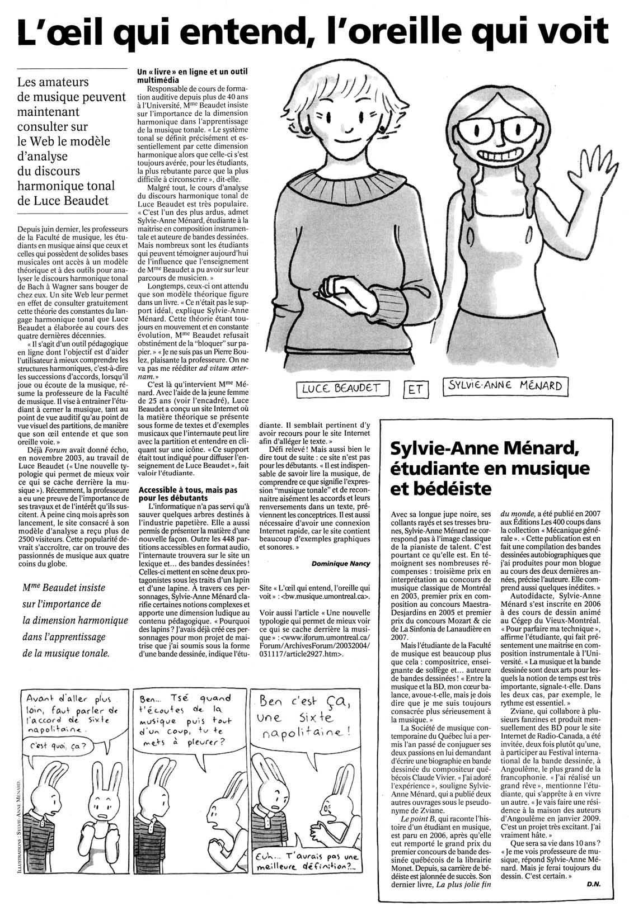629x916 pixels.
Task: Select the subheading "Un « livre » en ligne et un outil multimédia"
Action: tap(184, 76)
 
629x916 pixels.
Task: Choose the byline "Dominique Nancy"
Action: tap(340, 564)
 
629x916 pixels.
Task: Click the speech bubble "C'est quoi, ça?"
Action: tap(56, 747)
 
